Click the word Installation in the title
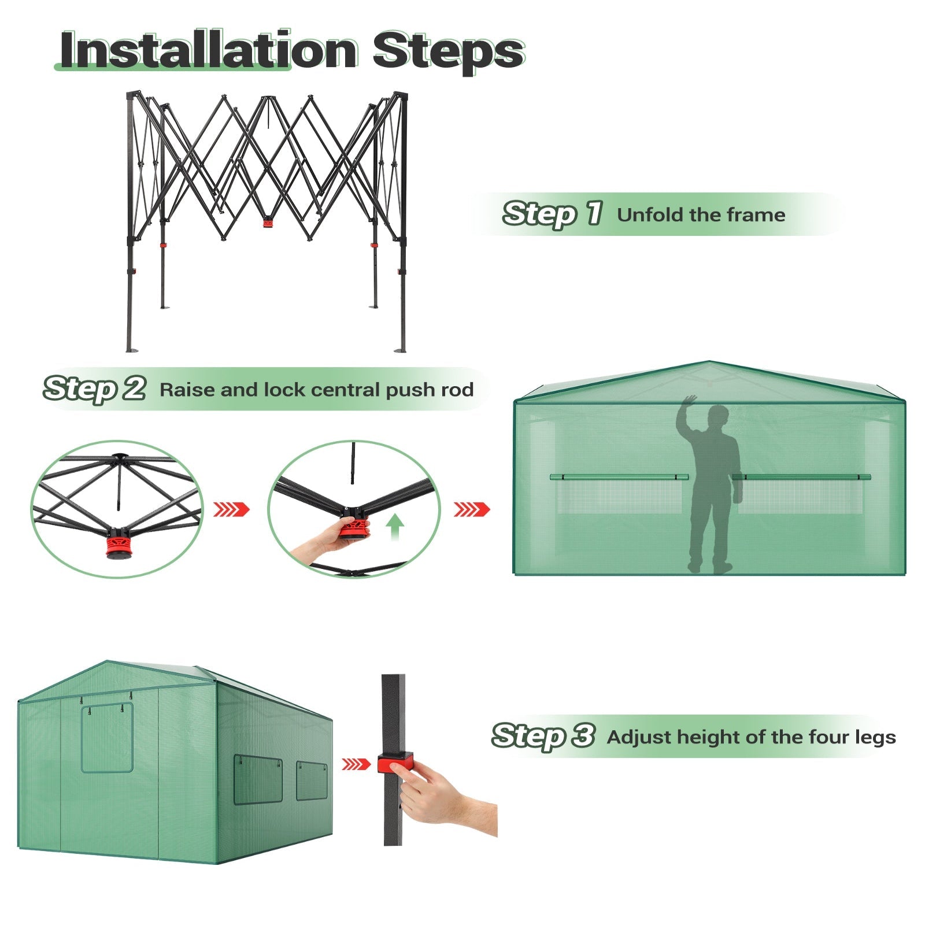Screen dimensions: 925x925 pyautogui.click(x=209, y=50)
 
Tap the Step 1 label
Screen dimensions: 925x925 pyautogui.click(x=553, y=214)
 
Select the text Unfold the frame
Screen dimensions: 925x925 pyautogui.click(x=701, y=215)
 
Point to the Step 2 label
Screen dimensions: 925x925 pyautogui.click(x=94, y=388)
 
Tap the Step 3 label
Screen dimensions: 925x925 pyautogui.click(x=543, y=736)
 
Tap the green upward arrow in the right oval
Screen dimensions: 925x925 pyautogui.click(x=395, y=528)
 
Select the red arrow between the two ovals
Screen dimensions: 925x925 pyautogui.click(x=231, y=509)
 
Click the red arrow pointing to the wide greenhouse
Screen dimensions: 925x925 pyautogui.click(x=472, y=509)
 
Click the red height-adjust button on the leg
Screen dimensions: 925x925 pyautogui.click(x=395, y=764)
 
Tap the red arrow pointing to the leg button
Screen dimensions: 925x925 pyautogui.click(x=356, y=764)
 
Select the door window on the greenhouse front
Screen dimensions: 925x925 pyautogui.click(x=107, y=738)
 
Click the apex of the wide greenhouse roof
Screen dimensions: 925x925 pyautogui.click(x=710, y=362)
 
